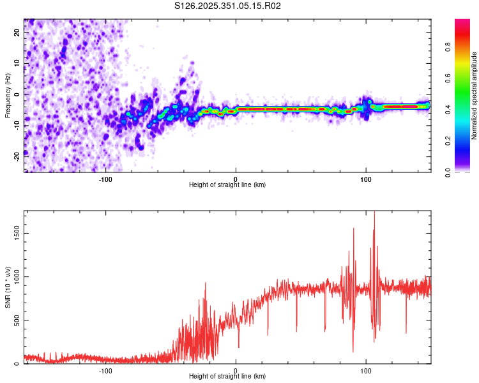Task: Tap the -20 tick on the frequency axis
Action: click(x=18, y=156)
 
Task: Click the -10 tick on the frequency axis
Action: click(x=18, y=125)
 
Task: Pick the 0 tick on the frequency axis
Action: click(x=18, y=94)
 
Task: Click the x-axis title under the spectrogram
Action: click(x=227, y=185)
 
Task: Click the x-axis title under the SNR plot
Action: click(x=227, y=377)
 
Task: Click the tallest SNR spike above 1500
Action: click(x=374, y=213)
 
